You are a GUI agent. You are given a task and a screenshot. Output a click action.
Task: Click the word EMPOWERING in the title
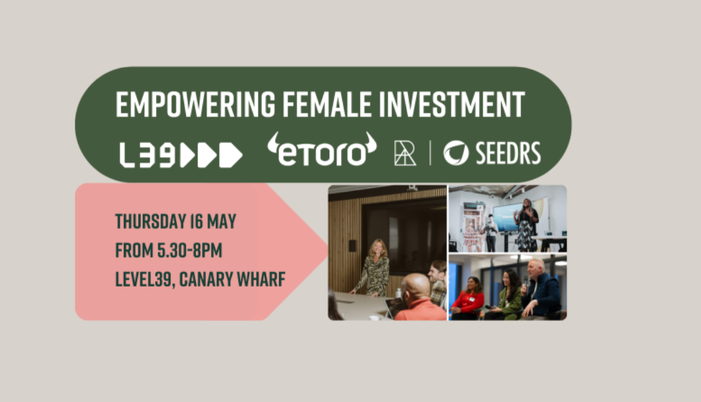click(x=196, y=104)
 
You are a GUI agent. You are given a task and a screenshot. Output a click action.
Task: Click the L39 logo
click(x=180, y=155)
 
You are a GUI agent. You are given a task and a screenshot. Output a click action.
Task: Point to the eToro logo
click(x=322, y=149)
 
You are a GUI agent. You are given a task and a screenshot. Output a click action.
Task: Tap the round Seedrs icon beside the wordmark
click(x=456, y=153)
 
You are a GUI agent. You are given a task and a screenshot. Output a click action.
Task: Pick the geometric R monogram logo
click(x=405, y=153)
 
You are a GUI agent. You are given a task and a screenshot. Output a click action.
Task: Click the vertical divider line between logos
click(x=430, y=153)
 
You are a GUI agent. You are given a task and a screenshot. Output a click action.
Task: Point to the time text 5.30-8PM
click(x=190, y=250)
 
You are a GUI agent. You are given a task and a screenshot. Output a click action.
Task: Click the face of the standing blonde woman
click(x=378, y=249)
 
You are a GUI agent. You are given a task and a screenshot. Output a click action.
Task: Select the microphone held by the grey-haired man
click(x=526, y=281)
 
